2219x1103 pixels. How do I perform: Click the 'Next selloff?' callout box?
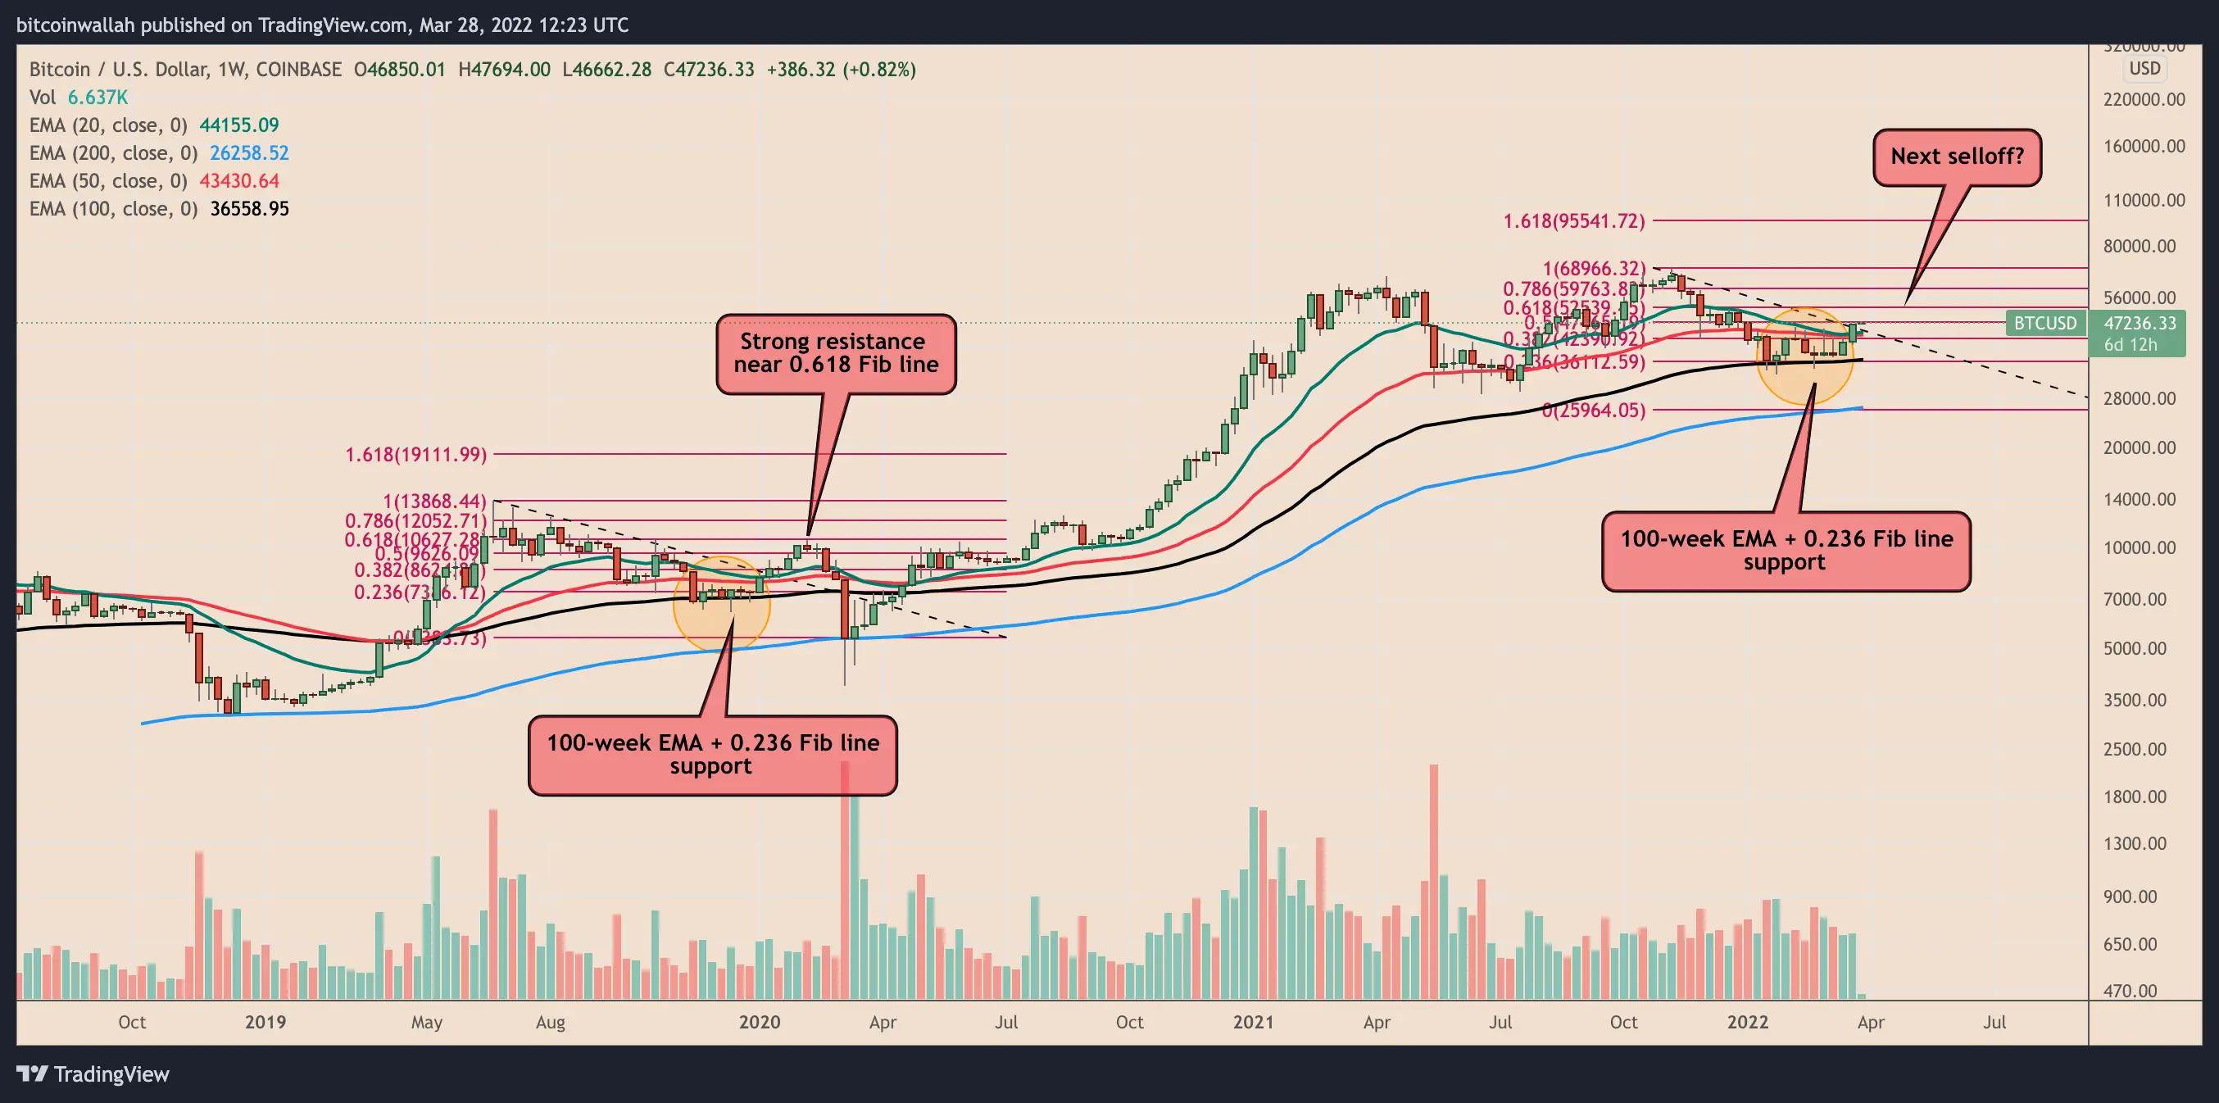1956,157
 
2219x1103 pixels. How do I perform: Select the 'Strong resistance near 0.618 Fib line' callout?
836,353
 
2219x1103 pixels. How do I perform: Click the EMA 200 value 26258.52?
249,153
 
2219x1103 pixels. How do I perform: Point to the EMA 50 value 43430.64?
238,181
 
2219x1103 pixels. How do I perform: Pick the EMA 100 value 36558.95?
249,210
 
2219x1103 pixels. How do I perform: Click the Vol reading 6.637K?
98,98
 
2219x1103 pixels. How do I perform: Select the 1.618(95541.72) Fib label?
1574,221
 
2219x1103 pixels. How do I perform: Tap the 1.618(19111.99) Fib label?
416,454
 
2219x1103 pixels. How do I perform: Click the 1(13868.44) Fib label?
434,501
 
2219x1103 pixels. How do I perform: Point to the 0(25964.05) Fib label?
1593,411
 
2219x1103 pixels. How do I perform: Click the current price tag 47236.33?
2140,323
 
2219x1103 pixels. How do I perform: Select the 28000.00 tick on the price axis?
2140,398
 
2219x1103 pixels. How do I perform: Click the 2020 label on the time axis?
759,1022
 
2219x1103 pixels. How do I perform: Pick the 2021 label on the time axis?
1253,1022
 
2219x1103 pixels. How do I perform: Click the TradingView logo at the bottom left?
93,1074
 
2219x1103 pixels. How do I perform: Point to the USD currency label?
2144,69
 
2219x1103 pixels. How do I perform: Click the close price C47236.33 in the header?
708,70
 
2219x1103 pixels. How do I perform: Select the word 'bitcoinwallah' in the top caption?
75,25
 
